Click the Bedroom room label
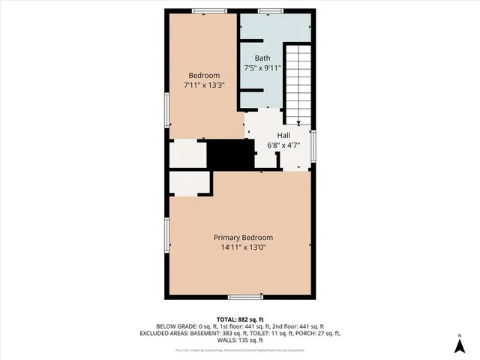204,76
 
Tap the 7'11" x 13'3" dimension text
204,85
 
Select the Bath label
262,58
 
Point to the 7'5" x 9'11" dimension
262,68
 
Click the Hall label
283,136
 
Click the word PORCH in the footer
307,334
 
